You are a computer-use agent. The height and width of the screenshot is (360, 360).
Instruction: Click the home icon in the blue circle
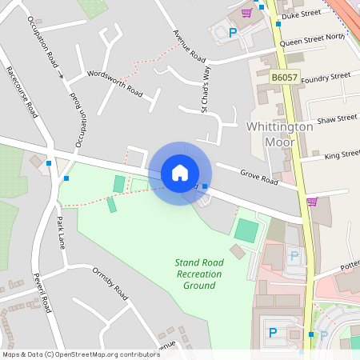pos(180,173)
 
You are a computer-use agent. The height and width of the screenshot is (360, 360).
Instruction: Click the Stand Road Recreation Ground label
pos(198,274)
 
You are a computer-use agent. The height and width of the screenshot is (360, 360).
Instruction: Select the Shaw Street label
pos(337,118)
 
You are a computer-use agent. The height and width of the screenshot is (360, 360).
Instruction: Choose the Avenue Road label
pos(189,48)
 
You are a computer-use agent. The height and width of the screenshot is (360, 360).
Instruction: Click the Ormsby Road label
pos(110,283)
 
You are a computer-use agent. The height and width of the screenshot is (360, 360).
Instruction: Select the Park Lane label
pos(60,232)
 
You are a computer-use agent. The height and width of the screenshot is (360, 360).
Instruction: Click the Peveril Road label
pos(42,293)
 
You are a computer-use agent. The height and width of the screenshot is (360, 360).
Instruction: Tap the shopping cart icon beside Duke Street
pos(246,13)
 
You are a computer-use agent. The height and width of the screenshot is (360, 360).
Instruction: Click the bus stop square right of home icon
pos(206,186)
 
